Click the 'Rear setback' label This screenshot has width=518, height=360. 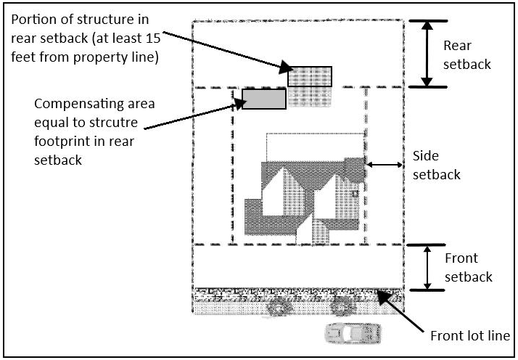(466, 54)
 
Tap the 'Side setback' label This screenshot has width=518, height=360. (435, 165)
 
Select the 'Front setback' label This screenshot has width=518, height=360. (468, 267)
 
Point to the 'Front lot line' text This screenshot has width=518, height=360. (470, 335)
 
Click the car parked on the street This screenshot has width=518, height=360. (353, 333)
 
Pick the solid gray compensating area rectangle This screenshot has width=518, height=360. (263, 99)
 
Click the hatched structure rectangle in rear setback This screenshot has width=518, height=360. (310, 76)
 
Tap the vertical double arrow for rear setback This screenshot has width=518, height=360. (428, 53)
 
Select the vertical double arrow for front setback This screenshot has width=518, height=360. (428, 267)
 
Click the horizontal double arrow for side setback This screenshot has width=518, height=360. (385, 165)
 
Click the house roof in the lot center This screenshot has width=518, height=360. (305, 196)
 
